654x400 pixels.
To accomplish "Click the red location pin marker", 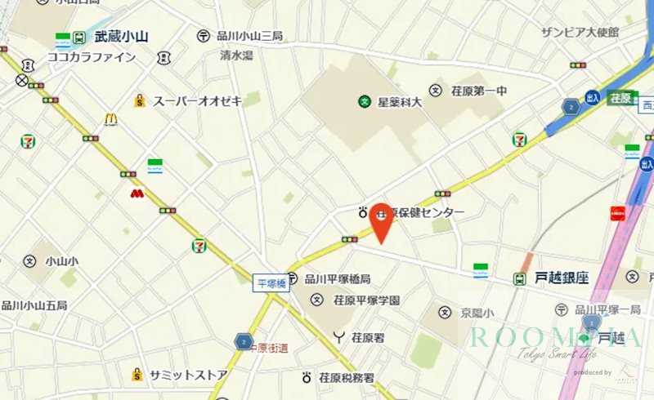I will coord(381,222).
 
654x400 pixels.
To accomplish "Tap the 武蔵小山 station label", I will coord(120,36).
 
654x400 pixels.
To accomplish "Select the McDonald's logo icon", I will coord(110,119).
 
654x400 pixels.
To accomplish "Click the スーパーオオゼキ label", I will coord(198,100).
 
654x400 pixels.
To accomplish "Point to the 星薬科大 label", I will coord(399,102).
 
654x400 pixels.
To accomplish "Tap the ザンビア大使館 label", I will coord(580,32).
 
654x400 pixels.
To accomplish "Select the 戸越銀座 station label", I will coord(562,278).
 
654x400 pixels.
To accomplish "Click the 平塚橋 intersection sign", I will coord(271,282).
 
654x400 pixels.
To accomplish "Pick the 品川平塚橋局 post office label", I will coord(337,279).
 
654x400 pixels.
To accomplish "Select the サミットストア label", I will coord(188,375).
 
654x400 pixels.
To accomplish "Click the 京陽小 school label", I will coord(476,313).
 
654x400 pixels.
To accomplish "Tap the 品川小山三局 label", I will coord(249,36).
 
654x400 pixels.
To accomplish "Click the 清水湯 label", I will coord(236,56).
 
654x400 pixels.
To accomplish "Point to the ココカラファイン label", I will coord(92,57).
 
